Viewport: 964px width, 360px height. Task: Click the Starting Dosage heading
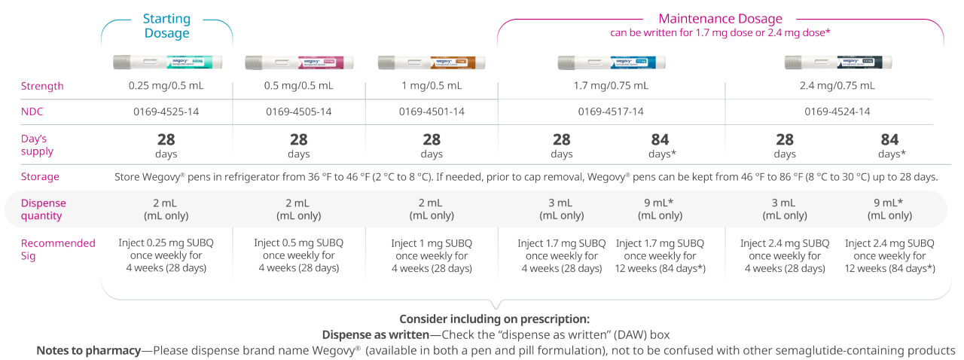point(166,26)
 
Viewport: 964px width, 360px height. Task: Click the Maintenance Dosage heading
point(720,19)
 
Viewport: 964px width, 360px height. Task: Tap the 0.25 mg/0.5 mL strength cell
point(166,86)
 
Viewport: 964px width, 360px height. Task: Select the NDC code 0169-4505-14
point(299,111)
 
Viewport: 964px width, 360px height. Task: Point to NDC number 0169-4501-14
point(432,111)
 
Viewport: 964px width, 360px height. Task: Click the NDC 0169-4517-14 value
point(611,111)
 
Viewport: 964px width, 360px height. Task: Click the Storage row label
point(40,177)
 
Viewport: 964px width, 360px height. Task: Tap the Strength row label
point(42,86)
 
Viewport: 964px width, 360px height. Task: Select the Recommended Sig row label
point(58,249)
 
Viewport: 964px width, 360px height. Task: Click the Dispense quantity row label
point(43,209)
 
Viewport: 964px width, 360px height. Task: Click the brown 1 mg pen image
point(432,62)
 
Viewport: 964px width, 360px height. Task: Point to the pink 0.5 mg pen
point(299,62)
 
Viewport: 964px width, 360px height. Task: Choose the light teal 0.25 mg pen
point(166,62)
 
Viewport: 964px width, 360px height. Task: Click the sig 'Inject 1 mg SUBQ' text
point(432,243)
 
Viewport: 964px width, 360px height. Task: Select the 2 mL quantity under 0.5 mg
point(299,203)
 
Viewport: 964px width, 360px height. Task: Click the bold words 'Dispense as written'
point(381,334)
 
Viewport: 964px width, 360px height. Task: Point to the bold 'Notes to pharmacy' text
point(87,351)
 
